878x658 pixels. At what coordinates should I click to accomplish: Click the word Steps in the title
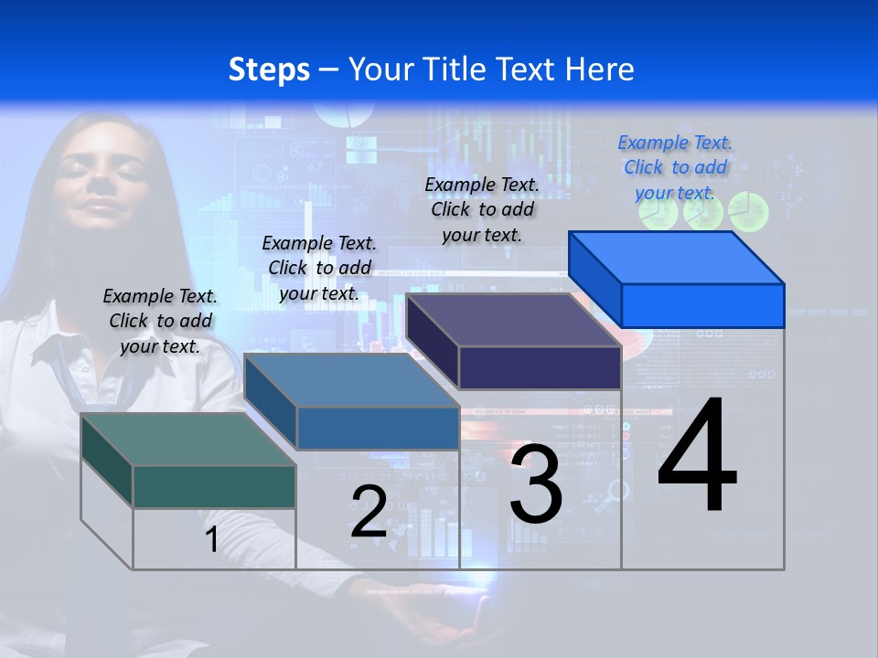[x=269, y=69]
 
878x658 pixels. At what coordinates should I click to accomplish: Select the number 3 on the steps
[x=536, y=483]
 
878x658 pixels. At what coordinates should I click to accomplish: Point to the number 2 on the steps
[x=369, y=512]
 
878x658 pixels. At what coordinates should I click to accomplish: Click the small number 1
[x=211, y=539]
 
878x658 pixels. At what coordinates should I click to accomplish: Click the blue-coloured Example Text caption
[x=675, y=167]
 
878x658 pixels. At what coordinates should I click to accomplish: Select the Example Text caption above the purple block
[x=482, y=209]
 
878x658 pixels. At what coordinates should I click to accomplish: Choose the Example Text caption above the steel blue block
[x=319, y=268]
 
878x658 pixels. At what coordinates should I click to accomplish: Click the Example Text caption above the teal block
[x=160, y=321]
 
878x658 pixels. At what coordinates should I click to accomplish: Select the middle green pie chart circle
[x=703, y=212]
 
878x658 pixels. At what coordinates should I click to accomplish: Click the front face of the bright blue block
[x=702, y=305]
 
